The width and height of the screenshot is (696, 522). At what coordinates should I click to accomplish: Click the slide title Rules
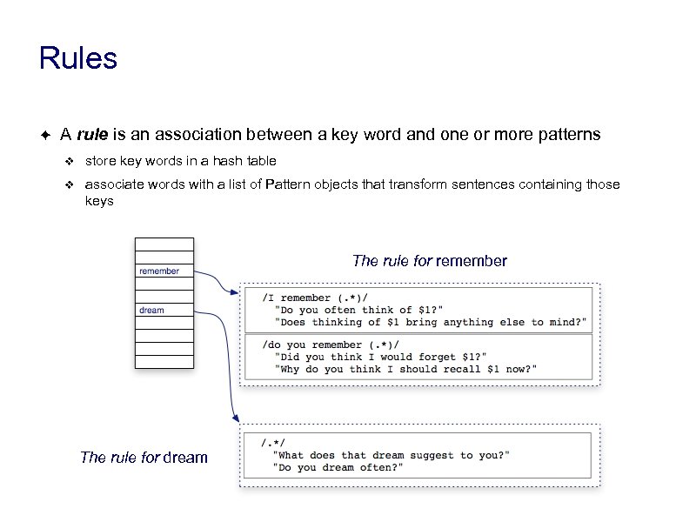point(77,59)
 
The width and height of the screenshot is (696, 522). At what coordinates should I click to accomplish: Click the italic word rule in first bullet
point(92,135)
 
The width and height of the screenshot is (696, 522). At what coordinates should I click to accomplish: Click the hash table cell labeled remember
point(164,271)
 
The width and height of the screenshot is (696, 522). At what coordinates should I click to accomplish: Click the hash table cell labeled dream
point(164,310)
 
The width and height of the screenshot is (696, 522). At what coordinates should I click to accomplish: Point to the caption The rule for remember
point(429,261)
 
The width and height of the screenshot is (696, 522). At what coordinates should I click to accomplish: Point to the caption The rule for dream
point(144,458)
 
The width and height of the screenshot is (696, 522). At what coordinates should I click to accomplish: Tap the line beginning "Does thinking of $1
point(430,322)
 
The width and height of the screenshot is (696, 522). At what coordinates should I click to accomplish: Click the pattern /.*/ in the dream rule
point(274,443)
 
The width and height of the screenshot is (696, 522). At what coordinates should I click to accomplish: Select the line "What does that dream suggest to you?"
point(391,455)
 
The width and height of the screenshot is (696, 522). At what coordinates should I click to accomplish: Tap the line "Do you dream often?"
point(338,467)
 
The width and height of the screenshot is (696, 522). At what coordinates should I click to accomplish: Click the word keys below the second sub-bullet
point(99,201)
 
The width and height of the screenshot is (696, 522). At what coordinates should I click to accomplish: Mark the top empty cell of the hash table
point(164,244)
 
